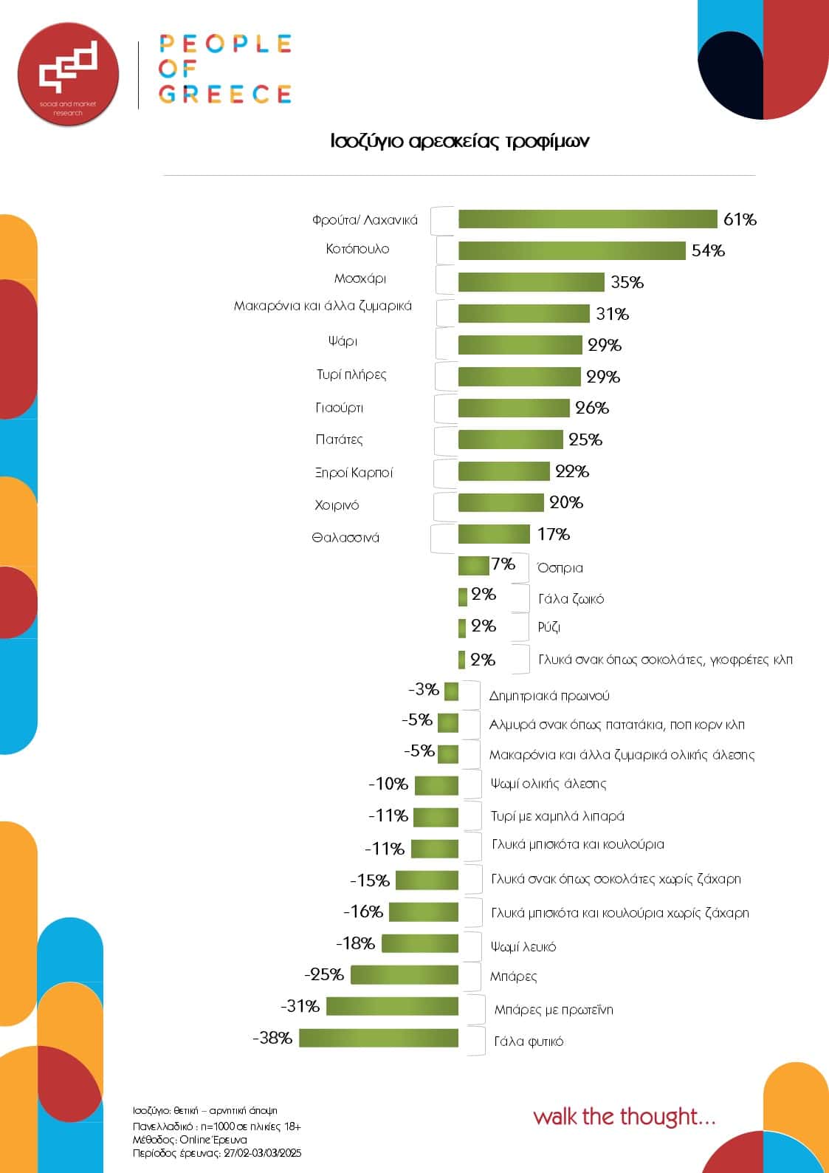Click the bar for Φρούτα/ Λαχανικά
coord(588,219)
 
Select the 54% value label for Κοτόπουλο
coord(708,251)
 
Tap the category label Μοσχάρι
coord(360,279)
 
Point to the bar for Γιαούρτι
coord(514,408)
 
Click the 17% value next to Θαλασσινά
coord(554,534)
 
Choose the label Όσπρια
coord(560,568)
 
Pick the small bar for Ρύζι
coord(462,627)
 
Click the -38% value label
coord(272,1038)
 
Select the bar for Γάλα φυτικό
coord(379,1038)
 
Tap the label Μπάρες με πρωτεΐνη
coord(554,1010)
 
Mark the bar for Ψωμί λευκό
coord(420,943)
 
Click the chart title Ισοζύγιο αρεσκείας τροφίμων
coord(459,141)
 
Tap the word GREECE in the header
coord(225,95)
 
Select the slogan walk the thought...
coord(624,1116)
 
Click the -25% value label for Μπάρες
coord(324,974)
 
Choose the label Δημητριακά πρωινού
coord(549,696)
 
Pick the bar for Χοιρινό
coord(501,503)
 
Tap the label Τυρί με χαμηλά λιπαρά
coord(557,816)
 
